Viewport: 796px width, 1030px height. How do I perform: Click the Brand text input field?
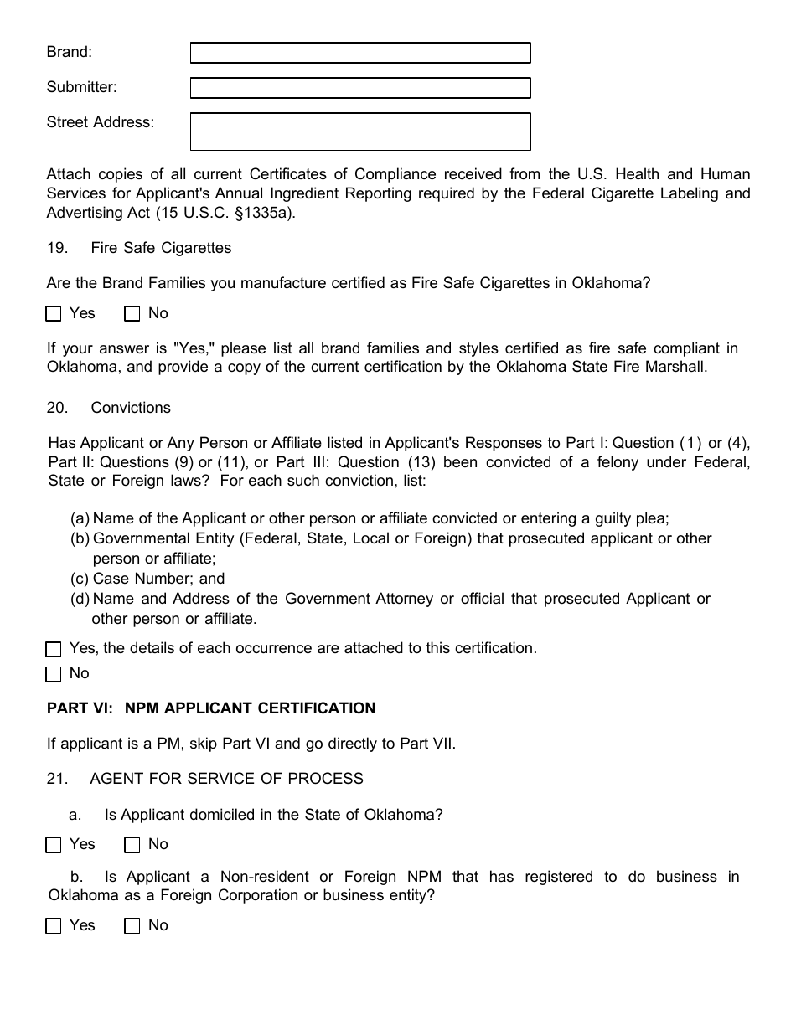[x=360, y=53]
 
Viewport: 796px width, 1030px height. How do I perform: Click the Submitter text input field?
[x=360, y=88]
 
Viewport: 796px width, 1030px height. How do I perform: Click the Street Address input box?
[x=360, y=131]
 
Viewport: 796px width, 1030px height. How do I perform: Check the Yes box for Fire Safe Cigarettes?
[x=54, y=314]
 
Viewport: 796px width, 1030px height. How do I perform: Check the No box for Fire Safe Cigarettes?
[x=132, y=314]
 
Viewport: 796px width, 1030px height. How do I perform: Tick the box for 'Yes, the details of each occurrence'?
[x=54, y=649]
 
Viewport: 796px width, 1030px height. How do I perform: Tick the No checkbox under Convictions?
[x=54, y=674]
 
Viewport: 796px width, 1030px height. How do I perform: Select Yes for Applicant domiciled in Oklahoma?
[x=54, y=845]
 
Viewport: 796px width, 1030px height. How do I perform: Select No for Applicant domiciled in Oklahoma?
[x=132, y=845]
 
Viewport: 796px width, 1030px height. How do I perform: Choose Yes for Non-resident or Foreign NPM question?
[x=54, y=926]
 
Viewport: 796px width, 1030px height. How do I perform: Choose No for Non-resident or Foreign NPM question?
[x=132, y=926]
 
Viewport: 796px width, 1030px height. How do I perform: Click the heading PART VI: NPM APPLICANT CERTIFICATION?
[x=211, y=708]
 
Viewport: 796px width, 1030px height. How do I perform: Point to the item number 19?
[x=56, y=248]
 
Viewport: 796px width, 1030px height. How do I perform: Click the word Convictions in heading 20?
[x=131, y=408]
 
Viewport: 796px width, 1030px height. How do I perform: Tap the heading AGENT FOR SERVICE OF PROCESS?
[x=226, y=779]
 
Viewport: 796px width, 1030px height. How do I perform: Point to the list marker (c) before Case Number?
[x=80, y=579]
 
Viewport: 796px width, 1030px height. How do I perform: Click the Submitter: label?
[x=81, y=87]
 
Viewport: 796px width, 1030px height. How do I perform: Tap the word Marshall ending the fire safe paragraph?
[x=676, y=368]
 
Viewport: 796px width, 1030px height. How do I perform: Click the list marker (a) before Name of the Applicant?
[x=80, y=518]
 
